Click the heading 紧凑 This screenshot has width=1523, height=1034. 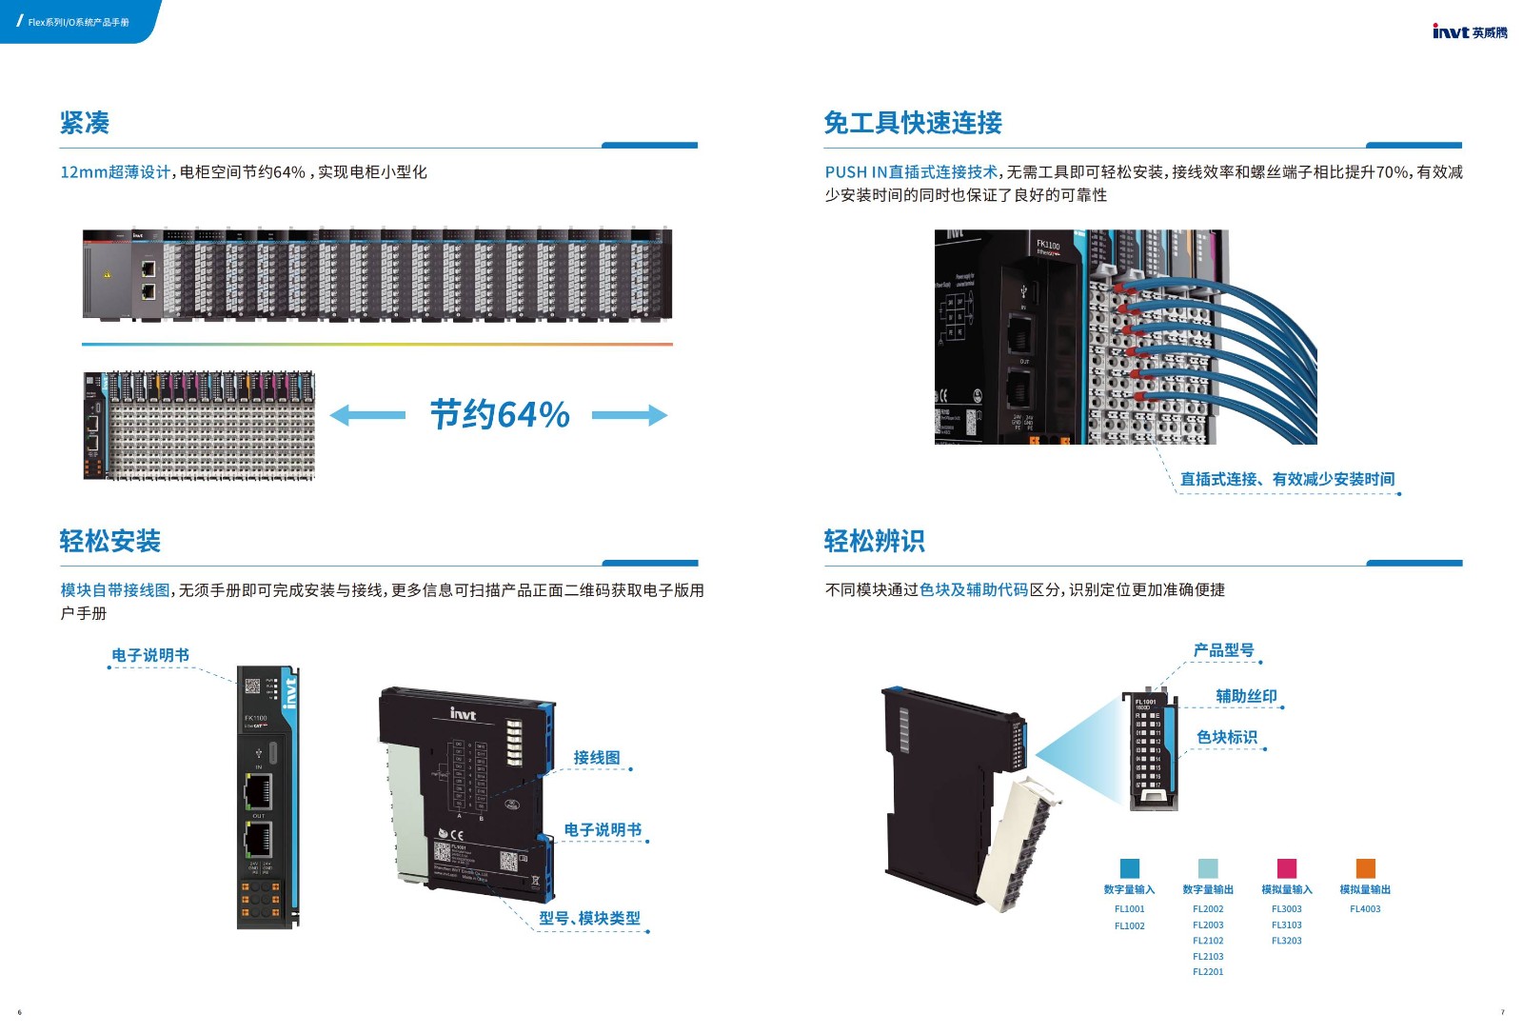[x=85, y=123]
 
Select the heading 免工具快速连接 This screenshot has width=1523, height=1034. [x=912, y=123]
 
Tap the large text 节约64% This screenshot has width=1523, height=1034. [x=500, y=414]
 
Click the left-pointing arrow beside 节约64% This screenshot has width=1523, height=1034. [x=367, y=415]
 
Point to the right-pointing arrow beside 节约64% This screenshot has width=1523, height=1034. [x=629, y=415]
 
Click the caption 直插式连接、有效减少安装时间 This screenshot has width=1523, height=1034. [x=1287, y=479]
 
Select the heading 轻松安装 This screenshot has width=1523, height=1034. [x=109, y=541]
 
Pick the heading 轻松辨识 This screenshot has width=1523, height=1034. [x=874, y=541]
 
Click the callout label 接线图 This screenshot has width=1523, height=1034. [x=597, y=758]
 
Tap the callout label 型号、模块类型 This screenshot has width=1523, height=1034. [x=589, y=918]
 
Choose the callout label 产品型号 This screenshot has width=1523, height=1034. [x=1223, y=650]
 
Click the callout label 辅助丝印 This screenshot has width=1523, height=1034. [x=1246, y=696]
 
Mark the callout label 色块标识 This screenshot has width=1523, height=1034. [x=1227, y=737]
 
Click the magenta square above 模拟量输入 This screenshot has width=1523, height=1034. [x=1286, y=868]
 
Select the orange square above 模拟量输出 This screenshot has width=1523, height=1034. [x=1365, y=868]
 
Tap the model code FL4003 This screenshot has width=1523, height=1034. [x=1365, y=909]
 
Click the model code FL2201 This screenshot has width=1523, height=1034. [x=1208, y=972]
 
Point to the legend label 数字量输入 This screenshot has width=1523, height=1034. [x=1129, y=889]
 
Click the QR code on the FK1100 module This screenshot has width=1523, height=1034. [x=252, y=686]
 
